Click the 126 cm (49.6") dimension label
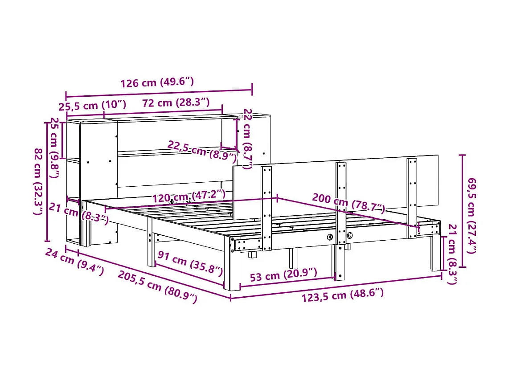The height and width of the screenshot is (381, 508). pos(157,82)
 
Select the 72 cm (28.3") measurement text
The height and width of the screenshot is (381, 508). pos(176,102)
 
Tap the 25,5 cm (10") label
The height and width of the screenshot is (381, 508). pos(92,106)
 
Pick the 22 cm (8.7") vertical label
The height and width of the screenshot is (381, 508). pos(247,139)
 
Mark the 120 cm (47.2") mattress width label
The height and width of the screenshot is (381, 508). pos(189,197)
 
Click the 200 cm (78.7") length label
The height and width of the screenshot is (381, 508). pos(348,203)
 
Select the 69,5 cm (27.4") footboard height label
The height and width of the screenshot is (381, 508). pos(471,215)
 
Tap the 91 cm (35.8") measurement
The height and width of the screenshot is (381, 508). pos(190,263)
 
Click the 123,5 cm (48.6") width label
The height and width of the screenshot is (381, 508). pos(342,295)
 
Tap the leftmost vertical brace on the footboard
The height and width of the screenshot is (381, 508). pos(267,207)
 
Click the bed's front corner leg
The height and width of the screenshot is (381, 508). pos(234,267)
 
